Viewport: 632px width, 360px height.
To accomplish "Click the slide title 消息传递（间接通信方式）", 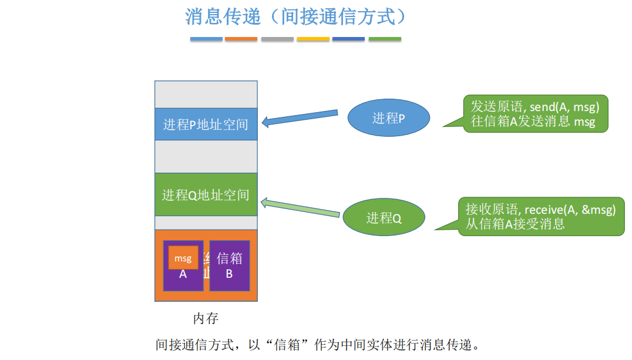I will coord(295,16).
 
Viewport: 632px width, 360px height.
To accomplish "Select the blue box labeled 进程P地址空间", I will coord(206,124).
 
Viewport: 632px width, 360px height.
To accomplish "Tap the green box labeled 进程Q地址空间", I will coord(206,194).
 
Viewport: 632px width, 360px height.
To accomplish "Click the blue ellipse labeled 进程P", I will coord(388,118).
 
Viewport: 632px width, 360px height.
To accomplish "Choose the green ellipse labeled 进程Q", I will coord(384,218).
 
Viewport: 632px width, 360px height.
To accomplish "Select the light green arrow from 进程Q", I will coord(300,208).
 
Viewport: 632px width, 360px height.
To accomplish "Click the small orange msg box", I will coord(183,258).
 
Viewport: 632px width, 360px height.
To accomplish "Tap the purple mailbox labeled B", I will coord(229,265).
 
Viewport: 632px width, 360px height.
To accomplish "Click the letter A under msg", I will coord(183,274).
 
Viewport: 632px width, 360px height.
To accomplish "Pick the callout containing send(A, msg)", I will coord(534,114).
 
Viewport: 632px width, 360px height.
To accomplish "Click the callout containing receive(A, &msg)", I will coord(540,216).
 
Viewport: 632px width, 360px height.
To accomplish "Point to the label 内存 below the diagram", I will coord(206,318).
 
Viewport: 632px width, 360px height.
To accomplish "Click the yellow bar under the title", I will coord(313,39).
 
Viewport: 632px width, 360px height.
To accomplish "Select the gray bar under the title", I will coord(277,39).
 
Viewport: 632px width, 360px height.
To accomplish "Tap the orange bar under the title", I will coord(241,39).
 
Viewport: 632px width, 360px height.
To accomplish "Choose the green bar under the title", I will coord(385,39).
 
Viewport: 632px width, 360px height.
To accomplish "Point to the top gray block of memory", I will coord(206,95).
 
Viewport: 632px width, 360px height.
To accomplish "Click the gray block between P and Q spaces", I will coord(206,156).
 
